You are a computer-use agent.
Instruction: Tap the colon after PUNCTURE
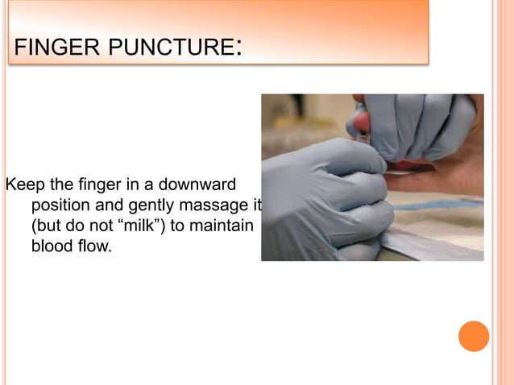[238, 50]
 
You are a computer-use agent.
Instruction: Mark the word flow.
[94, 246]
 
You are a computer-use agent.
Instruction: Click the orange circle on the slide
[474, 336]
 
